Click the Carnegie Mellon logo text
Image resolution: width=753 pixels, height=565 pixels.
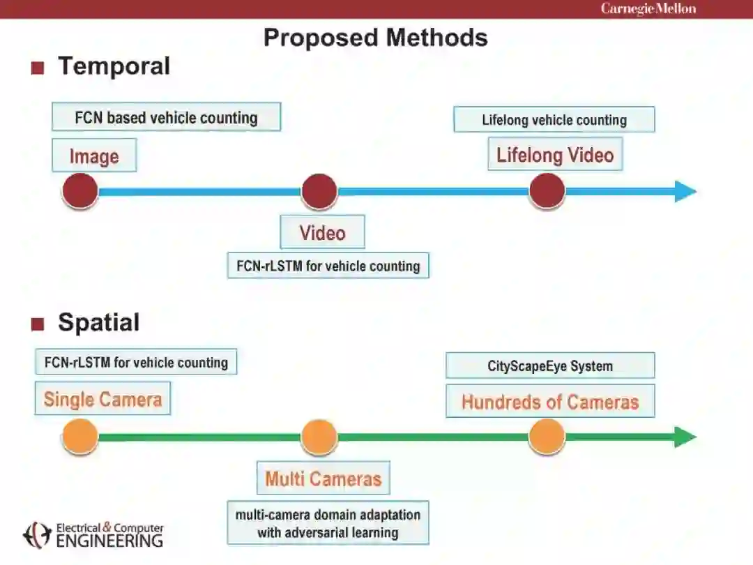click(x=648, y=9)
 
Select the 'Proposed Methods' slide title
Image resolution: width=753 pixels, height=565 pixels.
click(x=375, y=37)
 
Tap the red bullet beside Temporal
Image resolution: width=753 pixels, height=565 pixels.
click(x=38, y=68)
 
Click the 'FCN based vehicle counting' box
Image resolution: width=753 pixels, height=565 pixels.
click(x=166, y=117)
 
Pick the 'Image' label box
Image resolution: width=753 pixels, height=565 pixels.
click(x=94, y=156)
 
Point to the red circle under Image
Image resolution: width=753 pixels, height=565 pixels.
click(x=79, y=191)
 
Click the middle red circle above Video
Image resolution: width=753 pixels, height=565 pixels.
click(x=319, y=191)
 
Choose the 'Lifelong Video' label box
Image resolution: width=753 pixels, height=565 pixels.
click(x=555, y=155)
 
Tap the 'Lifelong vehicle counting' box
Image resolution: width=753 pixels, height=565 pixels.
click(x=554, y=119)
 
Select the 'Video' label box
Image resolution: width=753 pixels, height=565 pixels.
click(x=322, y=232)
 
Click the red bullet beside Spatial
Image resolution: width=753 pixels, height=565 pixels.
click(x=38, y=324)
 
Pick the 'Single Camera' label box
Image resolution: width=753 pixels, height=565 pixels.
click(x=102, y=399)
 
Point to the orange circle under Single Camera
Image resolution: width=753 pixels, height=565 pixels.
click(x=79, y=437)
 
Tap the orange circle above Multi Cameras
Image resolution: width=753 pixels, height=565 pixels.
click(x=319, y=437)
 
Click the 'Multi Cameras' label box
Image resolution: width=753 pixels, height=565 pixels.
click(x=323, y=479)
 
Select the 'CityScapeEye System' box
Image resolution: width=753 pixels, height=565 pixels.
click(x=550, y=366)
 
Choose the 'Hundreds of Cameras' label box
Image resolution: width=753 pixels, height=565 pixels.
click(x=550, y=402)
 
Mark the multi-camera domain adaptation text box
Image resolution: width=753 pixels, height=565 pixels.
click(x=328, y=523)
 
